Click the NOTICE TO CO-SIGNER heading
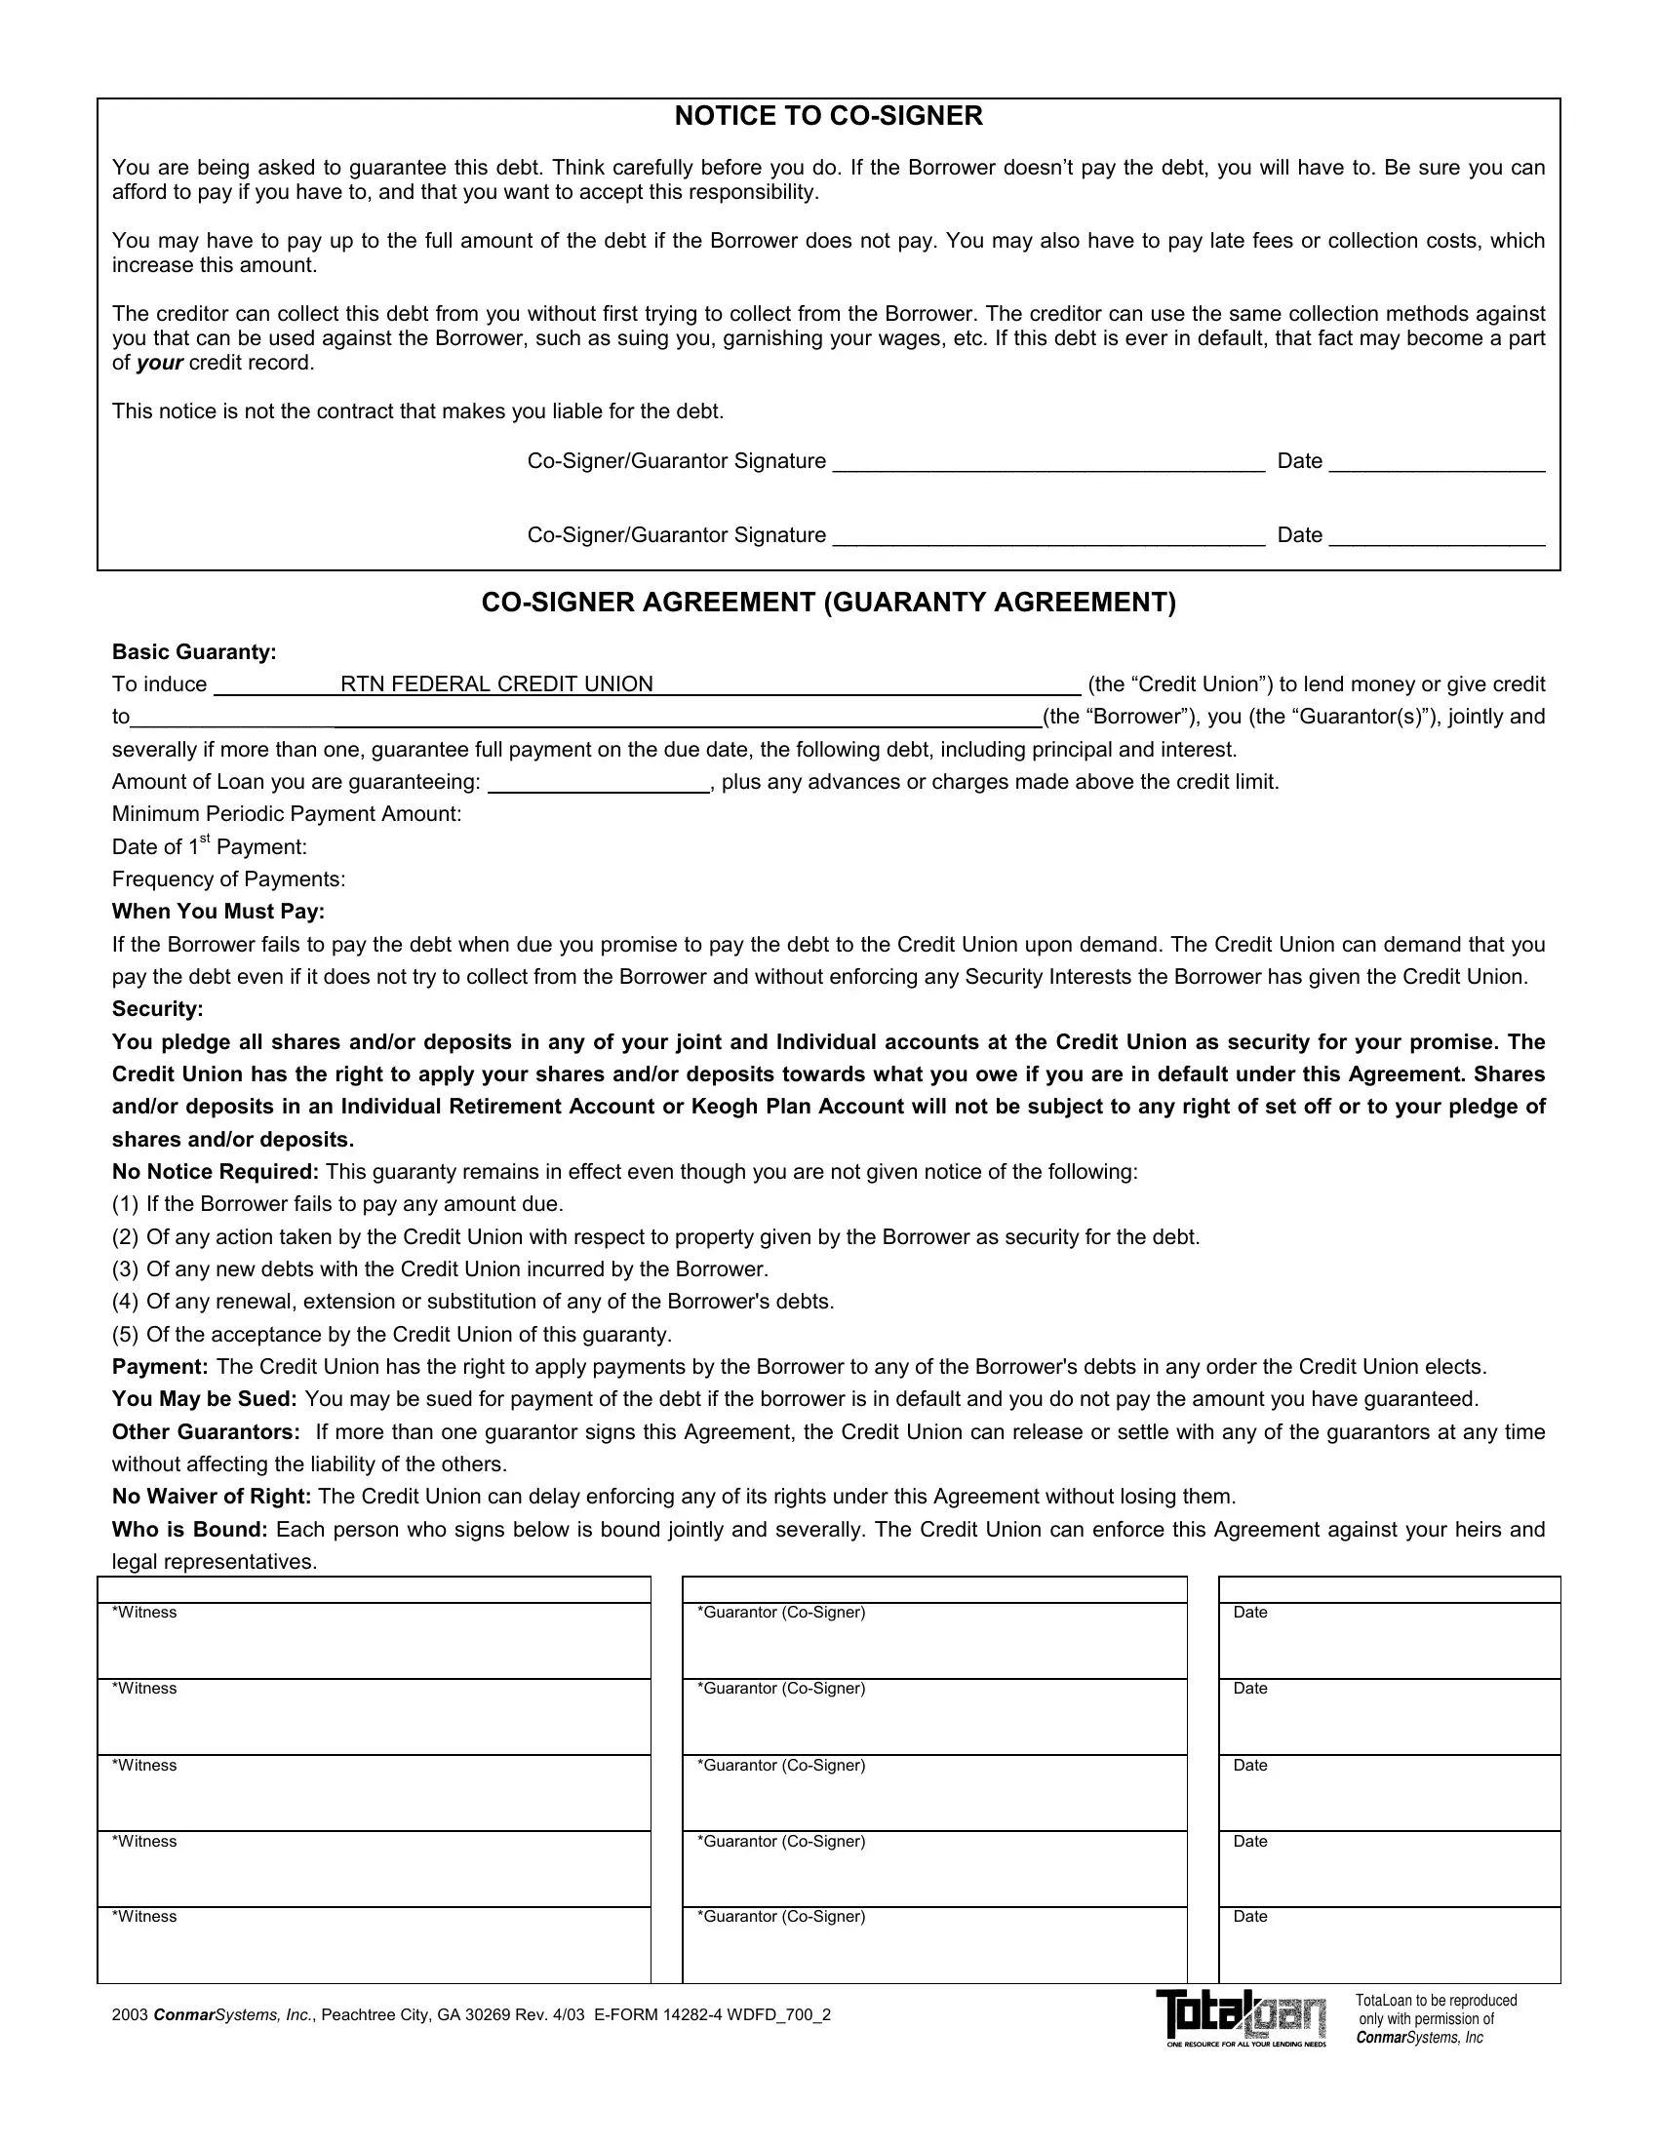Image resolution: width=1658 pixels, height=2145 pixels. (828, 117)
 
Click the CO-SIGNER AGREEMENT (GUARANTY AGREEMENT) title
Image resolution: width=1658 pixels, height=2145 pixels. (828, 602)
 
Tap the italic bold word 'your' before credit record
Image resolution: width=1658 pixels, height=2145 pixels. (159, 364)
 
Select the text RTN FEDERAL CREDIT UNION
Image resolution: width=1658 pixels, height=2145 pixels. (496, 684)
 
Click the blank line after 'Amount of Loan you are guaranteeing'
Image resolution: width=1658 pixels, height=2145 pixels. (599, 784)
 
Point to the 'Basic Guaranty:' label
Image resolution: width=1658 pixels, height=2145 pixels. (194, 652)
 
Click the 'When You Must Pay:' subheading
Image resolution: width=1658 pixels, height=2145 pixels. (218, 912)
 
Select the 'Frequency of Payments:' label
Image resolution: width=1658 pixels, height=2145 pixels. (229, 879)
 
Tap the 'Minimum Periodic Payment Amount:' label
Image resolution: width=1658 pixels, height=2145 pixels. (287, 814)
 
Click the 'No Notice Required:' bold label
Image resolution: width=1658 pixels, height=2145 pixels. (216, 1172)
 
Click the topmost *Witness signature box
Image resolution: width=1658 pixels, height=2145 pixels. (374, 1640)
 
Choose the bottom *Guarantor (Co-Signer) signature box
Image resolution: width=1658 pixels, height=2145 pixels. (934, 1945)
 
